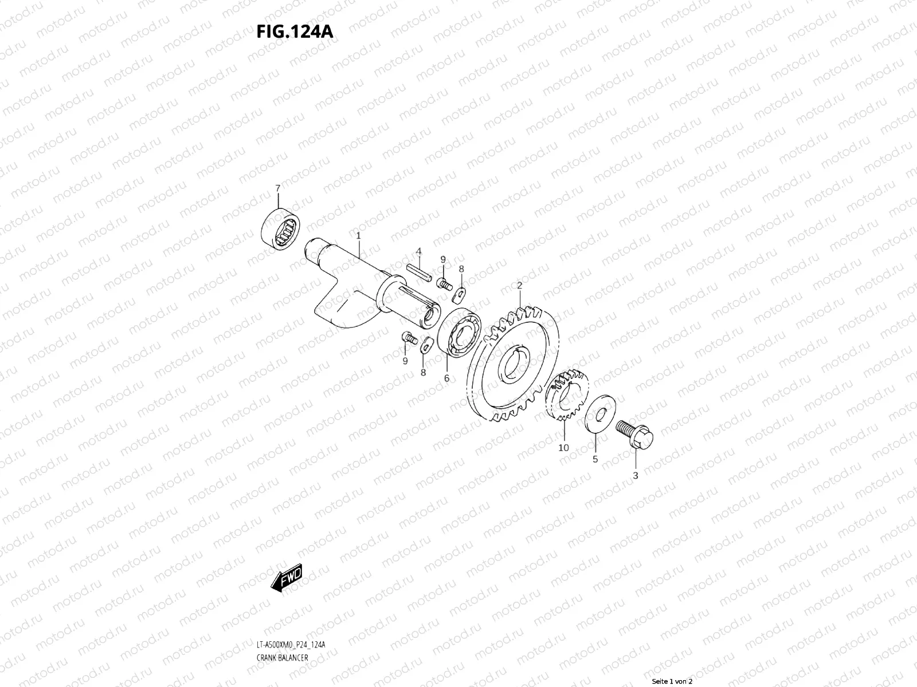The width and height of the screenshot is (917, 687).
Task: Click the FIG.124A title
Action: (x=295, y=31)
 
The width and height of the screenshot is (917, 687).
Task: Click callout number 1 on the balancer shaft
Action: (x=358, y=235)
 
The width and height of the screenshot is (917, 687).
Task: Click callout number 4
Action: (x=419, y=251)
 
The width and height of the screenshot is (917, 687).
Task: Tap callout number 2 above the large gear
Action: (x=519, y=285)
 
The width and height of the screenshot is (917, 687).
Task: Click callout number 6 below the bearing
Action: (x=446, y=378)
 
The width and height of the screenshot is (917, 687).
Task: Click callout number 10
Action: (x=563, y=447)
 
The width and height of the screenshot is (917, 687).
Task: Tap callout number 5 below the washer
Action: (x=595, y=459)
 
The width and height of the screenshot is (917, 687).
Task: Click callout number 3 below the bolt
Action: (x=636, y=475)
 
